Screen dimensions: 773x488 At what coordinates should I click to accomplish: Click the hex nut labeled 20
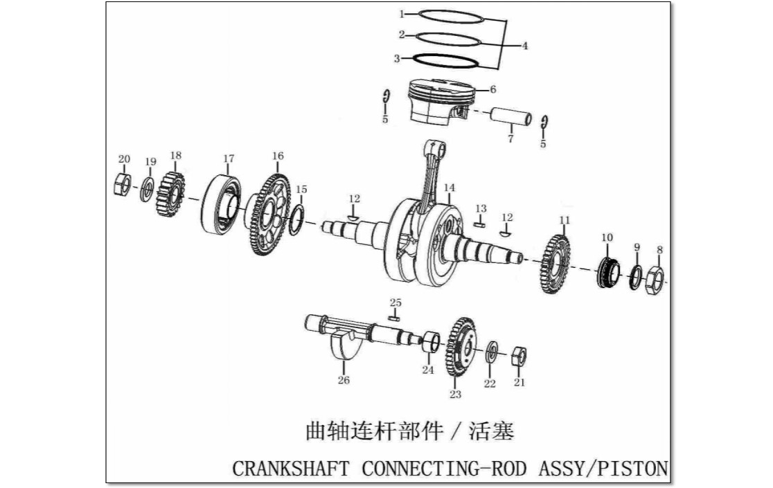click(122, 185)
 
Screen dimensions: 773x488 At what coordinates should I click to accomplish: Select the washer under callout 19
click(147, 188)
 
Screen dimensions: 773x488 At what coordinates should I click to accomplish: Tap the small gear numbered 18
click(170, 195)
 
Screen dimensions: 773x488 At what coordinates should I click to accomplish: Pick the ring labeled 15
click(296, 221)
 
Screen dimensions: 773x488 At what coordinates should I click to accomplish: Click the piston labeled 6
click(440, 105)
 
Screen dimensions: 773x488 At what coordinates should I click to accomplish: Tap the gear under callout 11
click(556, 264)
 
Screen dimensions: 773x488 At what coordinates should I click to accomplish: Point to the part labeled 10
click(608, 272)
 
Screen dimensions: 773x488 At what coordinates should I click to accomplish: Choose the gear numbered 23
click(461, 347)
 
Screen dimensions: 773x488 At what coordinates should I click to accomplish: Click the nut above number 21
click(519, 357)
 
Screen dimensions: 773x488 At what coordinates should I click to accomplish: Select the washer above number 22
click(492, 352)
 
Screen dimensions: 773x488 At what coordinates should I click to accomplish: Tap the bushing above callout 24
click(431, 342)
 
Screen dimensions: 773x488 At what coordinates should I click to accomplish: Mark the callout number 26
click(344, 379)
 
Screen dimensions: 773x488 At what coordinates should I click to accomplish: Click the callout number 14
click(449, 188)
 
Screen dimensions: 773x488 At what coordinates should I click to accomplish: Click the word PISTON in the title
click(632, 469)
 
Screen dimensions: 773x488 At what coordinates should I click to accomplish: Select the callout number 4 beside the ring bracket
click(525, 46)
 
